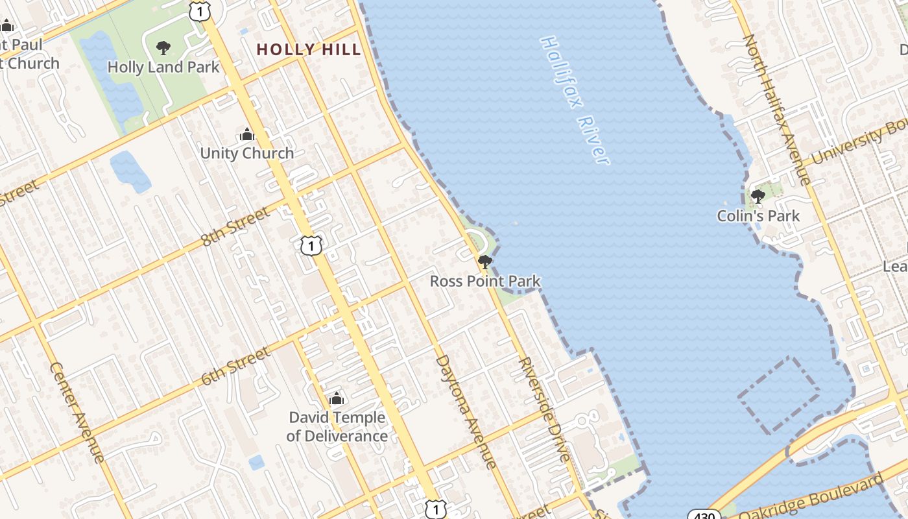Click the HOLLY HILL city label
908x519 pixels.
[x=308, y=49]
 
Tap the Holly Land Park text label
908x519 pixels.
[x=163, y=67]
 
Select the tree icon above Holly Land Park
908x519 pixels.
[x=163, y=47]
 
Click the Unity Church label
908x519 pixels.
[x=247, y=153]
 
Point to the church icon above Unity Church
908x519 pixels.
[x=246, y=134]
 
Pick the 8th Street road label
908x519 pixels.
[x=235, y=226]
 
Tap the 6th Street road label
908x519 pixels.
[x=235, y=367]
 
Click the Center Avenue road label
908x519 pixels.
[x=77, y=412]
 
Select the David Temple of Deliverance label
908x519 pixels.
[x=337, y=426]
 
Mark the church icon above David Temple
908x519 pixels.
[x=336, y=398]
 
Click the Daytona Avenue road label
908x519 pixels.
[x=466, y=411]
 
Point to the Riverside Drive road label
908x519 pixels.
[x=545, y=409]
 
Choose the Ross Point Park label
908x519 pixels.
[x=485, y=281]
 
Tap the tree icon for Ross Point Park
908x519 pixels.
[x=484, y=262]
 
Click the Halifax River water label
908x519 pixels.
[x=575, y=100]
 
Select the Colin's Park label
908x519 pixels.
[x=758, y=215]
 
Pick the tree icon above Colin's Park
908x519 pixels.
[x=758, y=196]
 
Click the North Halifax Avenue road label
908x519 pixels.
[x=776, y=110]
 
